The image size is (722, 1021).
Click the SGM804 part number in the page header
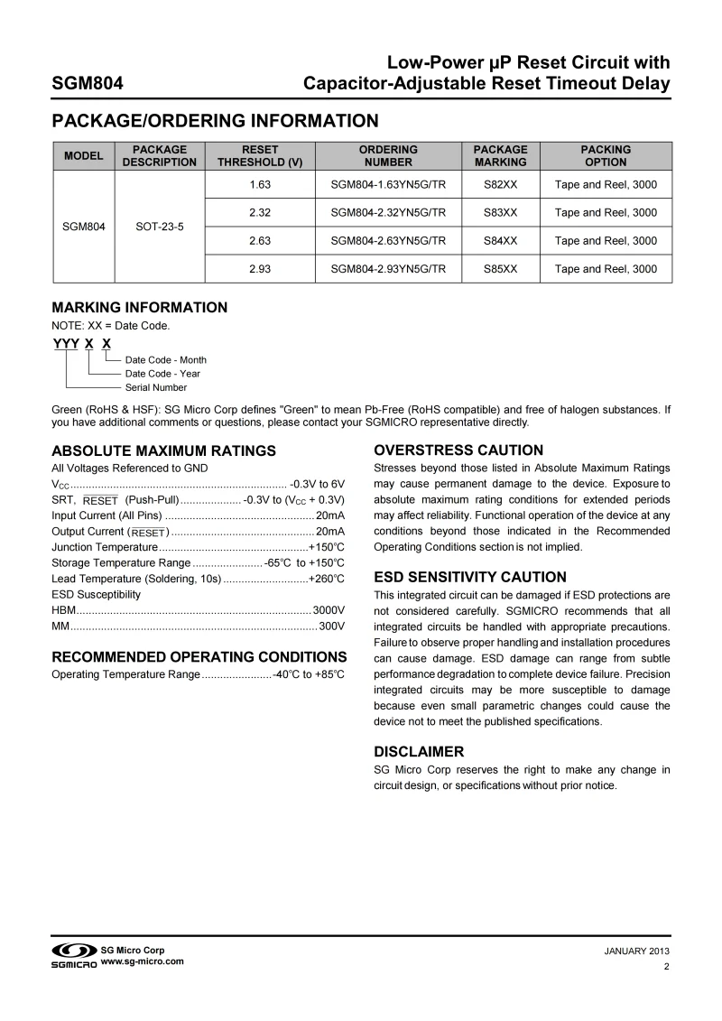click(x=88, y=85)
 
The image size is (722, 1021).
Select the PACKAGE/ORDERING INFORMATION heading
click(x=215, y=120)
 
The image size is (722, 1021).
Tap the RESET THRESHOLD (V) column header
click(x=260, y=156)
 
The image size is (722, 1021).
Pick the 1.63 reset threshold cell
click(x=260, y=185)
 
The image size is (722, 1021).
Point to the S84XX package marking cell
click(x=500, y=241)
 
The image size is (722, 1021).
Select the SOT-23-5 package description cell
click(x=160, y=227)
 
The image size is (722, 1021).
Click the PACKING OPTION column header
click(x=606, y=156)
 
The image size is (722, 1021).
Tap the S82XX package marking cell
click(x=500, y=185)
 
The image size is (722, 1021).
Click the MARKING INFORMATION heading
click(x=140, y=308)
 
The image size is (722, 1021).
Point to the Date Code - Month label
click(x=166, y=360)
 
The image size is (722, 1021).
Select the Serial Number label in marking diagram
click(x=156, y=387)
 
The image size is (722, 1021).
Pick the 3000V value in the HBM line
click(x=329, y=611)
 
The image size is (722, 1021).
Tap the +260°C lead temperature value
click(x=327, y=578)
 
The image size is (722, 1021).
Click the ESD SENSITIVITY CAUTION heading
click(x=470, y=577)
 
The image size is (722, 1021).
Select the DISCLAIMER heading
click(x=419, y=751)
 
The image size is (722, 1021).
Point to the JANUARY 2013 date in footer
click(x=636, y=951)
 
